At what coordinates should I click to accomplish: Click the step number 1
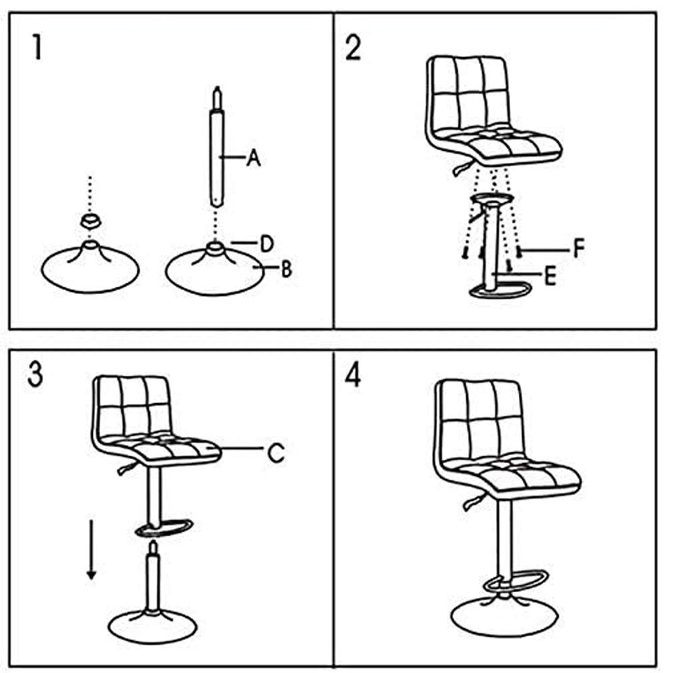pos(37,47)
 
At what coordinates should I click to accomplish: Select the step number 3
pos(35,374)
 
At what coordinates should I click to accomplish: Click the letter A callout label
pos(254,157)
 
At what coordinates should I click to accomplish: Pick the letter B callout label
pos(286,269)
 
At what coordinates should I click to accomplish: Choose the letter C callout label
pos(275,452)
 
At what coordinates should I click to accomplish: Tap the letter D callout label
pos(267,244)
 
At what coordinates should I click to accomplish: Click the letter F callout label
pos(579,248)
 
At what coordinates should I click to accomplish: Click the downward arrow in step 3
pos(91,549)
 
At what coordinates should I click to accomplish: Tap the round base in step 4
pos(504,616)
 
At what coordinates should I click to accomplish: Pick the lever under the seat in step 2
pos(463,168)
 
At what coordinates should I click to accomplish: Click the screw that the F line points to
pos(519,250)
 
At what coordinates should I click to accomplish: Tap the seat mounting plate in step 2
pos(492,198)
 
